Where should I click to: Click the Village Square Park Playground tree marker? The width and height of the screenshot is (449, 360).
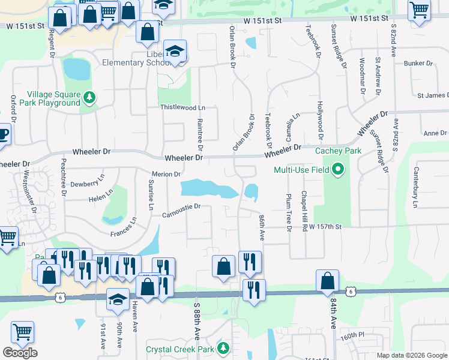[x=89, y=97]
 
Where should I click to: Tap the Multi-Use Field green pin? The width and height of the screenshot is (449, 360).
[x=337, y=170]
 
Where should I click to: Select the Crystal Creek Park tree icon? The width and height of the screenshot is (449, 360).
[x=223, y=347]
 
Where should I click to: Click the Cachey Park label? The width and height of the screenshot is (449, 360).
[x=339, y=151]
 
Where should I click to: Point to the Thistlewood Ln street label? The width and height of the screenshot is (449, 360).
[x=182, y=107]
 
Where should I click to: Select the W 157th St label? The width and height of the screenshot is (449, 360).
[x=325, y=227]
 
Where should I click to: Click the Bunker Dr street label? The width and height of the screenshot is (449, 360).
[x=418, y=63]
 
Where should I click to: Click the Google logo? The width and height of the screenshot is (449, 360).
[x=20, y=353]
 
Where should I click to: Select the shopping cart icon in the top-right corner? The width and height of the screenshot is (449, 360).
[x=420, y=10]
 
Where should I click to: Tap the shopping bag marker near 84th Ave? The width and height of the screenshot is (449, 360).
[x=328, y=281]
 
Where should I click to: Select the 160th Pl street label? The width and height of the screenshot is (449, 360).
[x=354, y=334]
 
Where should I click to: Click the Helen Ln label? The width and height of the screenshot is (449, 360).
[x=100, y=195]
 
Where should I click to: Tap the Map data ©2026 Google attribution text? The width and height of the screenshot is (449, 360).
[x=412, y=355]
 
